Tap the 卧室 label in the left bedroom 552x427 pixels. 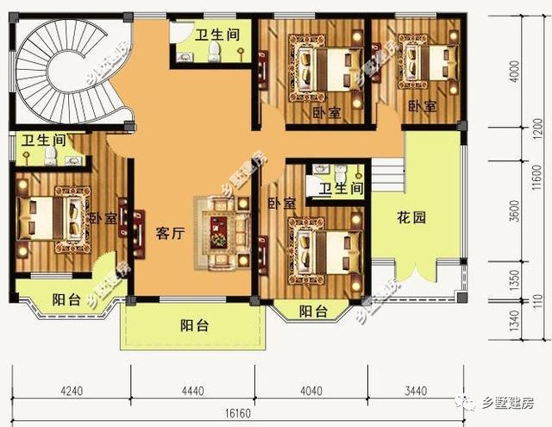pyautogui.click(x=103, y=218)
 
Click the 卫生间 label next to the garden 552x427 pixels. pyautogui.click(x=340, y=189)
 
